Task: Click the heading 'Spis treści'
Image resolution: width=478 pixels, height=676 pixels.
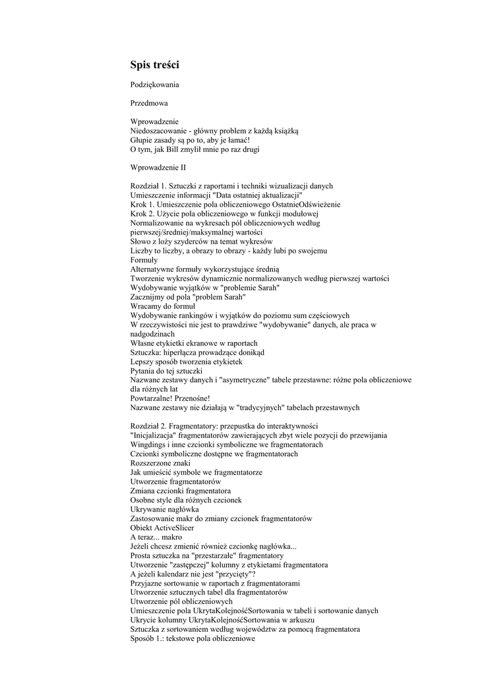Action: point(155,65)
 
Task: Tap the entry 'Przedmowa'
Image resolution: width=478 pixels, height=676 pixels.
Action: point(149,104)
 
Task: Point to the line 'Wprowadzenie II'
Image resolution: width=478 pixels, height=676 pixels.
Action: point(158,168)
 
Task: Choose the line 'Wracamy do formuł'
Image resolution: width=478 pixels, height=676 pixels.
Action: point(163,306)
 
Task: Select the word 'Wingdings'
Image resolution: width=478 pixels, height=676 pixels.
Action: point(150,444)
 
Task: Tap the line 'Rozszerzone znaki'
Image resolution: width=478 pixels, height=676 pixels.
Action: point(163,463)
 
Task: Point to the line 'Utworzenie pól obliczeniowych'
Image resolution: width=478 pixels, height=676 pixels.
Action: point(181,601)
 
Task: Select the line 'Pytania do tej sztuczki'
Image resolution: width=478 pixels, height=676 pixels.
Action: point(170,371)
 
